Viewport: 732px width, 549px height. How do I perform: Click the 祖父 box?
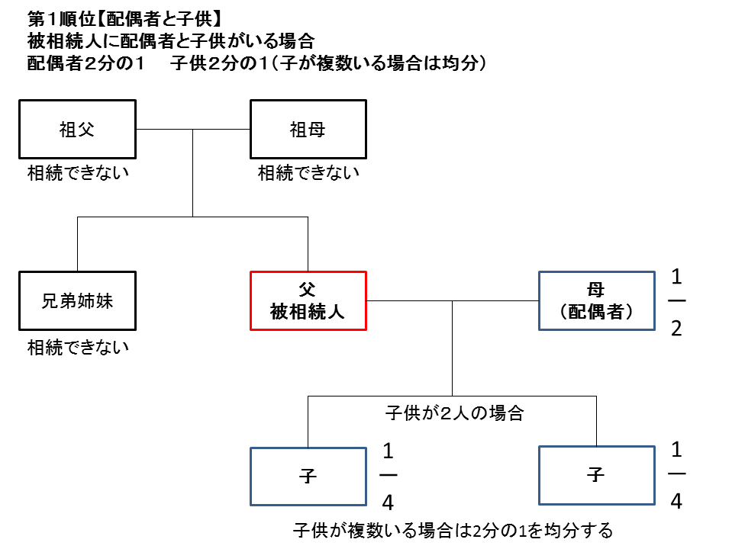(77, 129)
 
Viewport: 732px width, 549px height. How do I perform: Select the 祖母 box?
(308, 129)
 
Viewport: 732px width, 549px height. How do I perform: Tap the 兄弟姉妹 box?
(77, 300)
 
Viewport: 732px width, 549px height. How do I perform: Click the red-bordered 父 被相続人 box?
(308, 300)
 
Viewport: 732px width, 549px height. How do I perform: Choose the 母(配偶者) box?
(596, 300)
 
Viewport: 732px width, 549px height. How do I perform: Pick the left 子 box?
(308, 476)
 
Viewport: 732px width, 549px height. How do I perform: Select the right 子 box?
(596, 476)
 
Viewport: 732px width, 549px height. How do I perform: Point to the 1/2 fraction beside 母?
(676, 301)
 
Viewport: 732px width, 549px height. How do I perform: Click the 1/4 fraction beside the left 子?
(388, 477)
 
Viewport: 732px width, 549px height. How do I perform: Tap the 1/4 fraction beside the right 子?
(676, 477)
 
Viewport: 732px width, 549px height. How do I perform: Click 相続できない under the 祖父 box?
(78, 172)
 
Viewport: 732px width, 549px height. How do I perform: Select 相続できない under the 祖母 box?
(308, 173)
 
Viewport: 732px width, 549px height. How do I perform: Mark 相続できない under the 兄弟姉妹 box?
(78, 348)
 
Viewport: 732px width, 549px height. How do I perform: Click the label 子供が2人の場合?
(453, 413)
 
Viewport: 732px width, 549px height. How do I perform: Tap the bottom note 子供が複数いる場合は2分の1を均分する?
(453, 530)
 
